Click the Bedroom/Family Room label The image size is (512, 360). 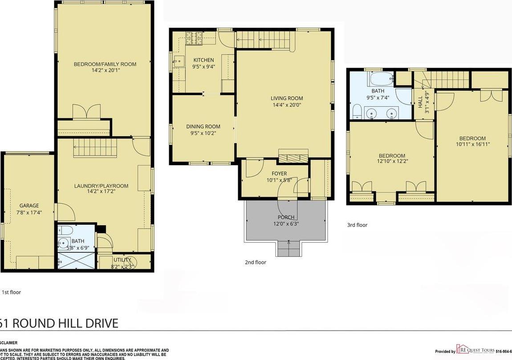(x=105, y=64)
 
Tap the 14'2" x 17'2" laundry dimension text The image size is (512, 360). (x=102, y=193)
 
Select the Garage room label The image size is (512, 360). (x=29, y=206)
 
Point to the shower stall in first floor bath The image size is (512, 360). (x=76, y=260)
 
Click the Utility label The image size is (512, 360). (x=122, y=260)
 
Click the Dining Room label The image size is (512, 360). (x=203, y=127)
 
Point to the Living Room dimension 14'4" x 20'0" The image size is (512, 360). (x=287, y=105)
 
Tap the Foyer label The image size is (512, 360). (x=279, y=174)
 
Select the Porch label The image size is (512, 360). (x=285, y=217)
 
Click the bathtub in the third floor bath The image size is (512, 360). (x=381, y=80)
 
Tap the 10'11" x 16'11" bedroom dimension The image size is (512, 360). (x=472, y=144)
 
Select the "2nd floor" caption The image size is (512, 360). (x=256, y=262)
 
